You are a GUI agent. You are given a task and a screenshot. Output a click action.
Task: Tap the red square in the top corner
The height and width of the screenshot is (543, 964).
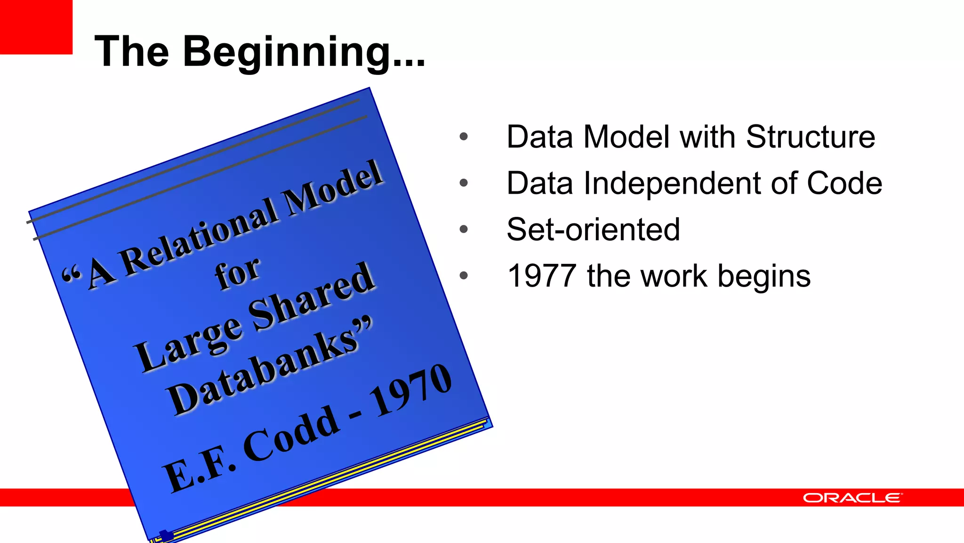(x=36, y=26)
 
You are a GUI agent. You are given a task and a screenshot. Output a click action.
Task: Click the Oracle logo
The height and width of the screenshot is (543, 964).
(x=852, y=498)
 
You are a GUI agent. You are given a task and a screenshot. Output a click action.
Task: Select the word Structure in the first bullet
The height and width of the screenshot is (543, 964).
(x=810, y=137)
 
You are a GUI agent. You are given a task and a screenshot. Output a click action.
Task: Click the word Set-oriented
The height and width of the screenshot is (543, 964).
(x=593, y=230)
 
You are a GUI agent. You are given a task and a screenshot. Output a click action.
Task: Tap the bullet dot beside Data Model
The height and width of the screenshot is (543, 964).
(x=464, y=137)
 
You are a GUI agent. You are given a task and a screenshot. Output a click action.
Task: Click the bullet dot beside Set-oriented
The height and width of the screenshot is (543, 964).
(x=464, y=230)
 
